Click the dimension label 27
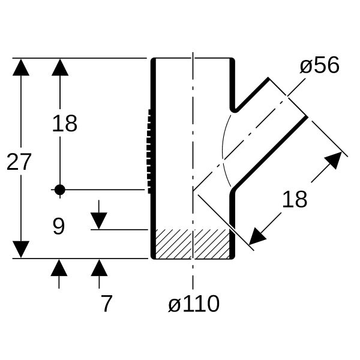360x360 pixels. (x=19, y=162)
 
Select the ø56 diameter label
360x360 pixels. (x=320, y=65)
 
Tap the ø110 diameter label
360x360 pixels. (x=194, y=304)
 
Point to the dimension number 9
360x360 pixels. (x=59, y=226)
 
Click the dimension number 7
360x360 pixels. (x=107, y=304)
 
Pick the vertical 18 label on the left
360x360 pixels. (x=65, y=124)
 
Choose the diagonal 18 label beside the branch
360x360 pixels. (x=295, y=199)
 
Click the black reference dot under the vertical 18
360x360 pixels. (x=60, y=190)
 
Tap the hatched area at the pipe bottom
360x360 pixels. (x=193, y=244)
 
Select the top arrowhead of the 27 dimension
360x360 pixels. (x=21, y=67)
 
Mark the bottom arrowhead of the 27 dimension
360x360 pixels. (x=21, y=250)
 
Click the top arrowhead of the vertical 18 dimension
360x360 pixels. (x=60, y=67)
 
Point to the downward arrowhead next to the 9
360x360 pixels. (x=99, y=221)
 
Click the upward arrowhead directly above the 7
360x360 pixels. (x=99, y=268)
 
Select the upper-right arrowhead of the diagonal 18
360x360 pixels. (x=335, y=159)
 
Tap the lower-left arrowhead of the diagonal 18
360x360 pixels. (x=256, y=238)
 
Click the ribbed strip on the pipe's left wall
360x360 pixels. (x=149, y=152)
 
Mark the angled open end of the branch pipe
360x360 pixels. (x=287, y=97)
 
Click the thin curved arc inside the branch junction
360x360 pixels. (x=225, y=151)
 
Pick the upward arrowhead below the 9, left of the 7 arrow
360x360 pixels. (x=59, y=268)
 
